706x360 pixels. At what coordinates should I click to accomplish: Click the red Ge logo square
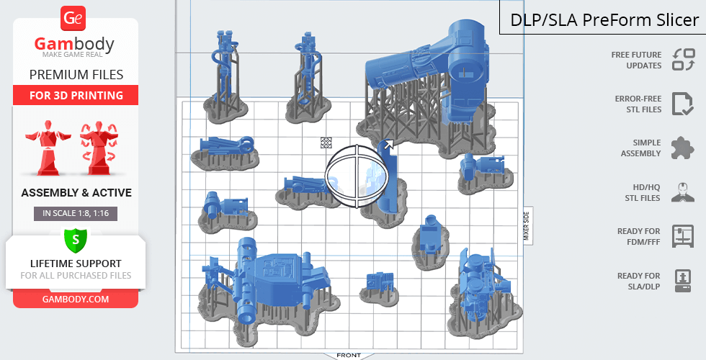coord(73,19)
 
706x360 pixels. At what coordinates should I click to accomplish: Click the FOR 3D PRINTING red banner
coord(76,95)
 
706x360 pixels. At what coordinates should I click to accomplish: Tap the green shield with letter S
coord(75,240)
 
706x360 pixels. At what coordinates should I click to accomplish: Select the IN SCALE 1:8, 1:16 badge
coord(76,213)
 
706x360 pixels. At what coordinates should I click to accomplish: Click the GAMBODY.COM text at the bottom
coord(76,300)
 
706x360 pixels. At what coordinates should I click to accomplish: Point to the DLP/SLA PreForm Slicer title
coord(604,20)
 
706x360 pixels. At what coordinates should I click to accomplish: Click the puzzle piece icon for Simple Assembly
coord(683,148)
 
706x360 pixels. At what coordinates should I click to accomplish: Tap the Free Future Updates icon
coord(684,60)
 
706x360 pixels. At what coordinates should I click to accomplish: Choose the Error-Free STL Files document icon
coord(683,104)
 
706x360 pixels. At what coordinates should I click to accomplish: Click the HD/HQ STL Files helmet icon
coord(683,192)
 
